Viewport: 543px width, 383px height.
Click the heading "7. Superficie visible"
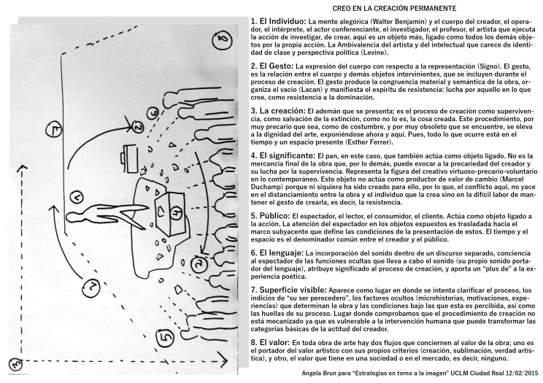[290, 290]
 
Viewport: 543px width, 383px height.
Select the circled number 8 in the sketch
[224, 37]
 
